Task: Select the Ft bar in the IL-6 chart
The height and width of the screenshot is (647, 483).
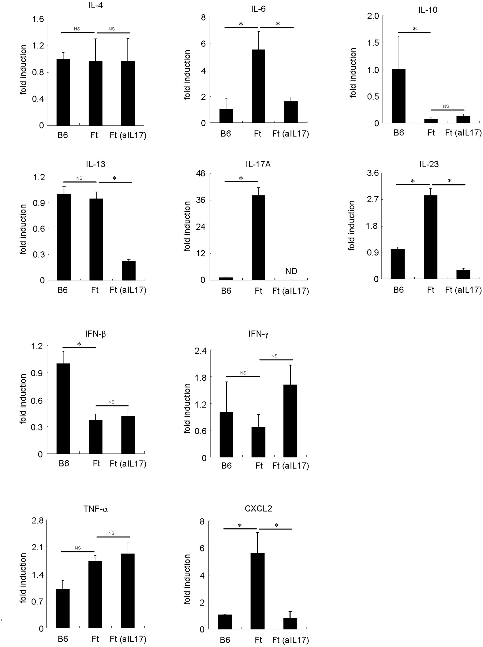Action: point(258,86)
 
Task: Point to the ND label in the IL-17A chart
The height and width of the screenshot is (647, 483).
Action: point(291,271)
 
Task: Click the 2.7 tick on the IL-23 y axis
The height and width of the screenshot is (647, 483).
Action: point(373,200)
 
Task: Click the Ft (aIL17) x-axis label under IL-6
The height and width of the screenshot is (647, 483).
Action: point(290,134)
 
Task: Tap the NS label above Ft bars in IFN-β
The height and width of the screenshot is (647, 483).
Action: point(111,402)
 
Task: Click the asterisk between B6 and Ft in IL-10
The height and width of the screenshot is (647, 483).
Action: point(415,29)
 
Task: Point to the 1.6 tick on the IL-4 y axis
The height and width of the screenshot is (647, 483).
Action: point(38,19)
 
